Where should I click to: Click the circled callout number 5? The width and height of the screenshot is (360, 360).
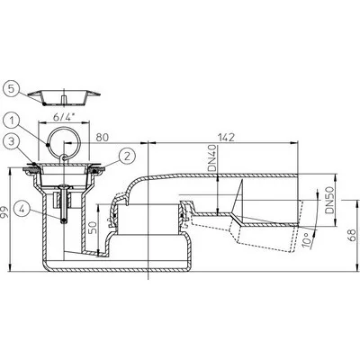[11, 88]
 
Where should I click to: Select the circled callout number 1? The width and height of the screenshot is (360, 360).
[11, 121]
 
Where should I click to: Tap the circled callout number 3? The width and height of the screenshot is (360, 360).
[11, 142]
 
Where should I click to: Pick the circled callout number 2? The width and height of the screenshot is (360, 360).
[127, 156]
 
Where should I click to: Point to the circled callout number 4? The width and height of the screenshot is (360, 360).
[22, 208]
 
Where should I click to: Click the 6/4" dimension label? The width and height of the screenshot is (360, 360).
[65, 117]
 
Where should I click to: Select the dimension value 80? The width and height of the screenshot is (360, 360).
[103, 138]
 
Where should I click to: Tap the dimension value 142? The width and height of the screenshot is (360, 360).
[225, 138]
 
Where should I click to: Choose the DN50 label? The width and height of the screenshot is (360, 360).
[329, 200]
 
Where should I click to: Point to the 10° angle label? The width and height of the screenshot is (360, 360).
[306, 239]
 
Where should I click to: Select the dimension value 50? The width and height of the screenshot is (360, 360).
[94, 229]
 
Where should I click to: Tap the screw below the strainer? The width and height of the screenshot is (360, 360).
[64, 204]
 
